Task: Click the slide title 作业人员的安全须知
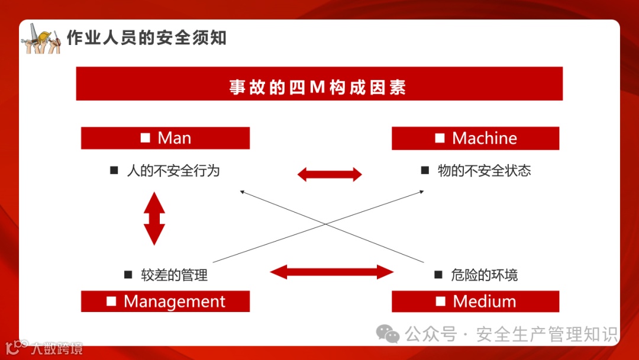146,38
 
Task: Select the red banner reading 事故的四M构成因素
318,84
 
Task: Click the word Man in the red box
174,139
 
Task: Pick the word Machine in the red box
484,139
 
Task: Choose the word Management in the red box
174,301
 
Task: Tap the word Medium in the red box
484,301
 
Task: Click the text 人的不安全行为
173,171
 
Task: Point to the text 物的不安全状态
484,171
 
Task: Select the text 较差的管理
174,275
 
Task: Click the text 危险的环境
484,275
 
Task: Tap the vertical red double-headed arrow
154,218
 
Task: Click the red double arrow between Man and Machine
330,174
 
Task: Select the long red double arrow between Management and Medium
331,272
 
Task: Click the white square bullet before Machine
440,139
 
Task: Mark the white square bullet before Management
111,301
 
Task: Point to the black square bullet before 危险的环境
438,275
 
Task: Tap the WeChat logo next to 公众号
388,334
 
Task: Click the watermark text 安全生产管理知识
547,335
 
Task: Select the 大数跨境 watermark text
57,348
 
